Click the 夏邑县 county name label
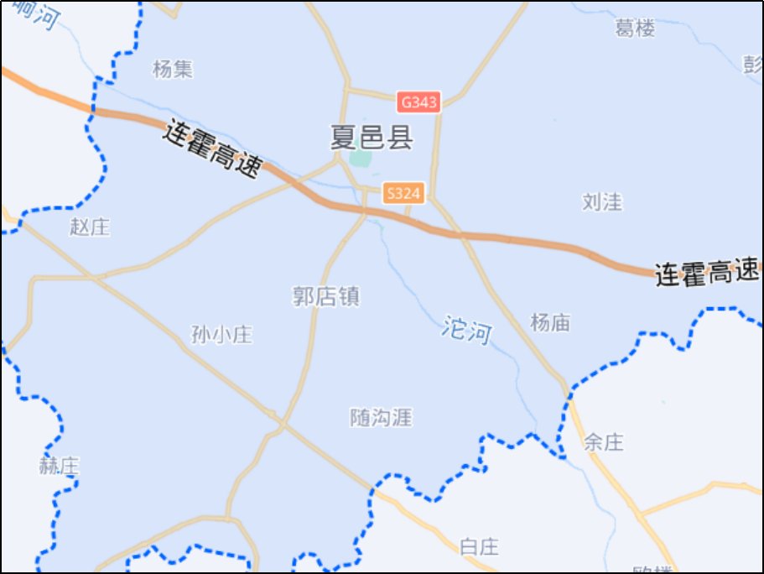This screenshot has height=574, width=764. point(372,137)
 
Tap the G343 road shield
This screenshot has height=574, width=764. point(418,102)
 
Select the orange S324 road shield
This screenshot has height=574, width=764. point(403,194)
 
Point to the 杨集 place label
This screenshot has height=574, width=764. point(173,69)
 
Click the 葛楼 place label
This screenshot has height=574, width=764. point(635,29)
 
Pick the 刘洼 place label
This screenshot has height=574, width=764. point(602,201)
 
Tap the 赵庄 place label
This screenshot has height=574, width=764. point(91,227)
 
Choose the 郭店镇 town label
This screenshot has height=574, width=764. point(326,296)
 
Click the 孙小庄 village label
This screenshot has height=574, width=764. point(221,335)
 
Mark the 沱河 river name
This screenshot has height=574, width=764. point(466,330)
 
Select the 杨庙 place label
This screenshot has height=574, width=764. point(551,322)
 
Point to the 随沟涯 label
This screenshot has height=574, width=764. point(382,417)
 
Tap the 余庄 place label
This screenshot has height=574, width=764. point(604,441)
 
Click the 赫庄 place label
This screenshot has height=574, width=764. point(59,466)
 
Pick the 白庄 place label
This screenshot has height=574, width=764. point(480,547)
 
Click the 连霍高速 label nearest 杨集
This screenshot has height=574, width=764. point(213,149)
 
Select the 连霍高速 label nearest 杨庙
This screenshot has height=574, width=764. point(706,273)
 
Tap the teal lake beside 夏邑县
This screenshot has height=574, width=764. point(361,157)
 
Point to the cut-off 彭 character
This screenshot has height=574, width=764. point(752,65)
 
